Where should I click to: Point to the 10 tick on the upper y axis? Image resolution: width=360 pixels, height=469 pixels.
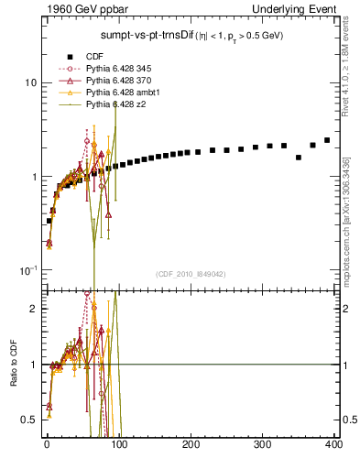(x=30, y=82)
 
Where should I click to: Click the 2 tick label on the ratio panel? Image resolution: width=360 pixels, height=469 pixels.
(x=34, y=309)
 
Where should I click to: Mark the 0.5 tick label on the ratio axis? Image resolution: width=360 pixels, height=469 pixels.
(x=30, y=420)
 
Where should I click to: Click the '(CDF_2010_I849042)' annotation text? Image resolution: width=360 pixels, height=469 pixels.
(x=191, y=274)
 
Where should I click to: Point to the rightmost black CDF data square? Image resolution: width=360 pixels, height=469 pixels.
(x=327, y=140)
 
